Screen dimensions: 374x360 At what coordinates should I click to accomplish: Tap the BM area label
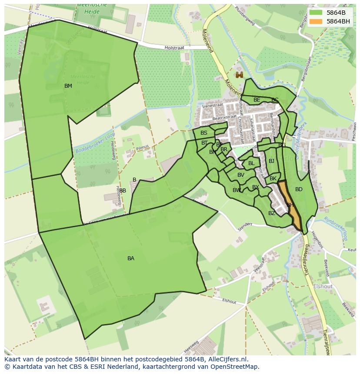click(68, 86)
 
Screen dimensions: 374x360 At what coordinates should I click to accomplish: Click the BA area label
click(131, 258)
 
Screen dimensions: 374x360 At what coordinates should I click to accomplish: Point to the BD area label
click(299, 189)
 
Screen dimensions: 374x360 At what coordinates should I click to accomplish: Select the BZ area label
click(272, 213)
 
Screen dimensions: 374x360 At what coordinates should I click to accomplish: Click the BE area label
click(257, 100)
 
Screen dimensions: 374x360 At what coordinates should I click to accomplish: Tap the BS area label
click(204, 133)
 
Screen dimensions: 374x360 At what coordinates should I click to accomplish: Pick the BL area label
click(251, 163)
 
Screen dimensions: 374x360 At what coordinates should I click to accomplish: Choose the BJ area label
click(272, 161)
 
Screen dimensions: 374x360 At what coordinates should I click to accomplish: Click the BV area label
click(241, 175)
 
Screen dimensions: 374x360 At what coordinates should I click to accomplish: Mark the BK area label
click(273, 179)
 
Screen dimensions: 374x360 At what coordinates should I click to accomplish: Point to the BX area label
click(256, 187)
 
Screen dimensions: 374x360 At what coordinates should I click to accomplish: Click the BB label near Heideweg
click(123, 191)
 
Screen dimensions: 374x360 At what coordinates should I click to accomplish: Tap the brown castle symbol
click(239, 75)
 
